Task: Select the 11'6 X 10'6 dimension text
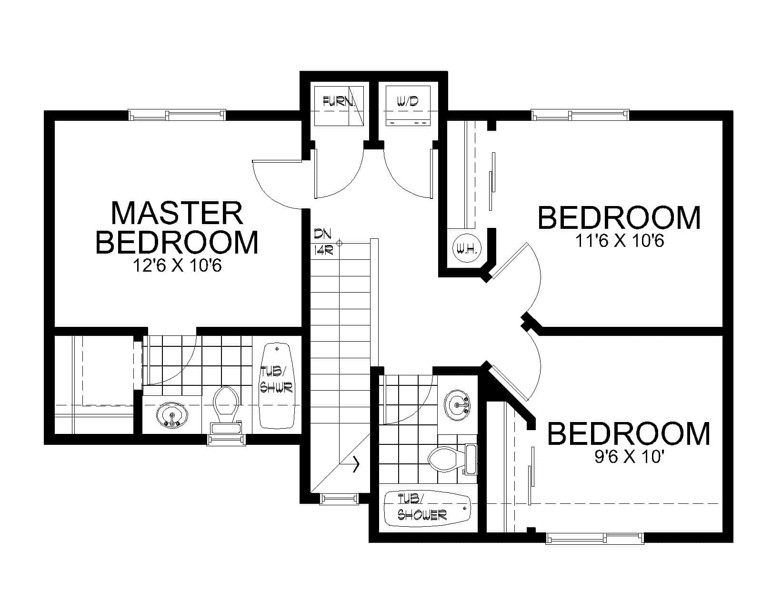tap(620, 242)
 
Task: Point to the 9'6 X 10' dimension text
tap(629, 457)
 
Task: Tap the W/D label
tap(407, 101)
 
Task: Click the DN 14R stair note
tap(323, 242)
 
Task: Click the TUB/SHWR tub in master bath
tap(277, 385)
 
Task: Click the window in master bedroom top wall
tap(177, 115)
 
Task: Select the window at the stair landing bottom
tap(339, 499)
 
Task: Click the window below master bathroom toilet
tap(226, 440)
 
